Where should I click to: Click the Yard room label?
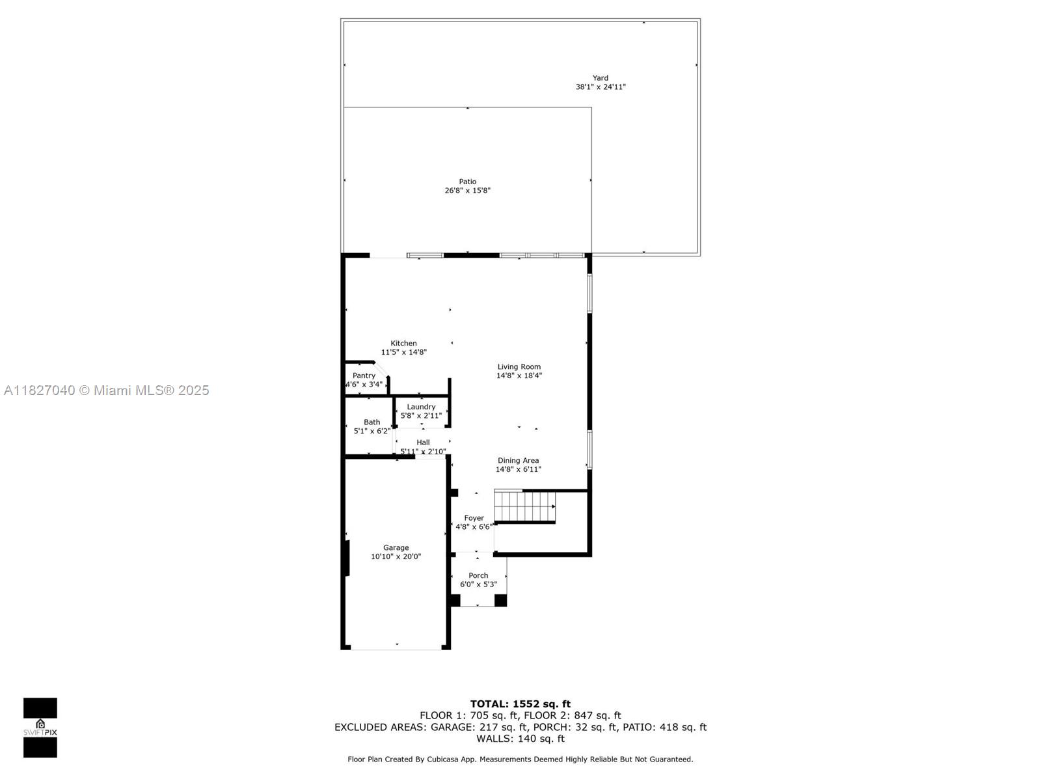[x=600, y=77]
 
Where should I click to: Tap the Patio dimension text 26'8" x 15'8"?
[x=467, y=191]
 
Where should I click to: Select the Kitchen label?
[x=403, y=344]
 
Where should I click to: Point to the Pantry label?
[x=364, y=376]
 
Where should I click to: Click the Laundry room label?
[x=421, y=407]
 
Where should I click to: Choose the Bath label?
[x=372, y=422]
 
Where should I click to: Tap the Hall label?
[x=423, y=443]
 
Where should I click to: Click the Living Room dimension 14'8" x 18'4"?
[x=519, y=376]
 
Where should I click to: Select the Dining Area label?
[x=518, y=460]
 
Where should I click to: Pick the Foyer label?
[x=474, y=518]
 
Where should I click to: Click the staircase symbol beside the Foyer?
[x=524, y=506]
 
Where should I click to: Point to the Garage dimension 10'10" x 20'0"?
[x=396, y=556]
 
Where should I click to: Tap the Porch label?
[x=478, y=576]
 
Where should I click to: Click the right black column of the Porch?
[x=500, y=600]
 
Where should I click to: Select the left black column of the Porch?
[x=455, y=600]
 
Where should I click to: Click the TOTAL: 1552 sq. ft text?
[x=520, y=704]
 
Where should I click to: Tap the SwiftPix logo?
[x=40, y=728]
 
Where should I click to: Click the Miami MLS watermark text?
[x=106, y=390]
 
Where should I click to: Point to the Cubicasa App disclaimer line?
[x=520, y=759]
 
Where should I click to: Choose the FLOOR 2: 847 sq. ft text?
[x=597, y=715]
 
